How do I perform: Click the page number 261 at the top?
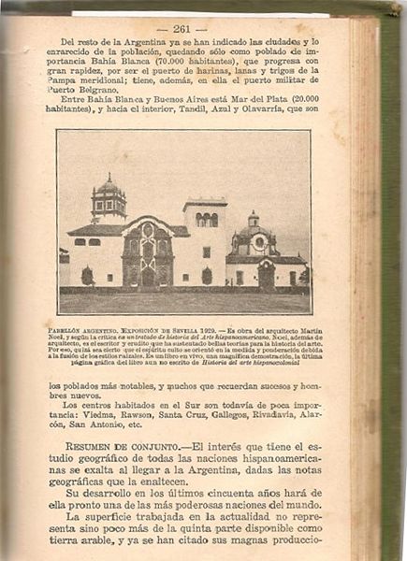(175, 29)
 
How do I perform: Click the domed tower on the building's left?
(109, 198)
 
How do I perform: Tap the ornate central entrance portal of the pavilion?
(147, 252)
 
